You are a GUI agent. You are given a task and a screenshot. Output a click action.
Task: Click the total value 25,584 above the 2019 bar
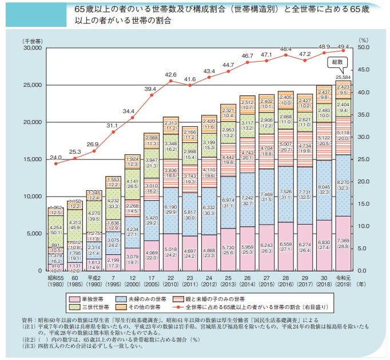(343, 77)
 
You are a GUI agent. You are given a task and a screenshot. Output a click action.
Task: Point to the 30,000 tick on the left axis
(31, 48)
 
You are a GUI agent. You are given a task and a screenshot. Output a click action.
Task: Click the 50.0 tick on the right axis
(365, 48)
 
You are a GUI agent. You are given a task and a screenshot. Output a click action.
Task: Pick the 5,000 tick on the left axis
(33, 233)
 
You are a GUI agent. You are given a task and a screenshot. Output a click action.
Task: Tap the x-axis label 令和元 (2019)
(343, 278)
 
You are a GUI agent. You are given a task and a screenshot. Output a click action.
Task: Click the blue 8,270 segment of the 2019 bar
(343, 183)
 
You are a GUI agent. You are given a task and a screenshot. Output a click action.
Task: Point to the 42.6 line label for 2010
(170, 75)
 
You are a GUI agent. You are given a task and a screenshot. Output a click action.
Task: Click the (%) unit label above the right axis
(363, 41)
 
